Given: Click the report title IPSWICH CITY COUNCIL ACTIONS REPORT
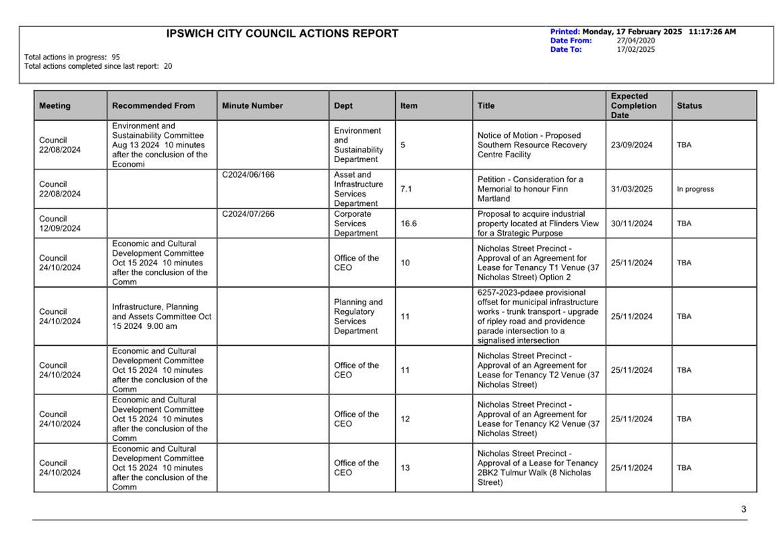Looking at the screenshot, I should pyautogui.click(x=282, y=34).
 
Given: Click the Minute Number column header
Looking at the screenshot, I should pyautogui.click(x=252, y=106).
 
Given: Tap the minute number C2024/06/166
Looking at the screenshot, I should pyautogui.click(x=248, y=175).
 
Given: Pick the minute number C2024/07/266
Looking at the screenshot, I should pyautogui.click(x=248, y=214).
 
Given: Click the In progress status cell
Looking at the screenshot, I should pyautogui.click(x=695, y=190).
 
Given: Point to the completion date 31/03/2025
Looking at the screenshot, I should pyautogui.click(x=631, y=190).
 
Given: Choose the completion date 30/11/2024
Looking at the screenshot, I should pyautogui.click(x=631, y=224).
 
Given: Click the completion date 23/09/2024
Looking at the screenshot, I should pyautogui.click(x=631, y=145).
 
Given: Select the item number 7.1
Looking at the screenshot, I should pyautogui.click(x=406, y=190).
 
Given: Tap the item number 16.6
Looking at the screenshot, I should pyautogui.click(x=408, y=224).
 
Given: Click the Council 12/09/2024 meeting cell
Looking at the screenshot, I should pyautogui.click(x=59, y=224).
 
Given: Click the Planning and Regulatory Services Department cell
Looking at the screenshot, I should pyautogui.click(x=358, y=317).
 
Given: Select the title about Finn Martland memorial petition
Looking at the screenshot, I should pyautogui.click(x=530, y=190).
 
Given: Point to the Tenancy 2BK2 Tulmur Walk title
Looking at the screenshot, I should pyautogui.click(x=537, y=468).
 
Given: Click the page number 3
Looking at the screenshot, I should pyautogui.click(x=743, y=510).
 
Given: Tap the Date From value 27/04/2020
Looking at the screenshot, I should pyautogui.click(x=635, y=41).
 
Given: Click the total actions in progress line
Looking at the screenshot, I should pyautogui.click(x=72, y=57).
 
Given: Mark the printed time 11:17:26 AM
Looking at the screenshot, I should pyautogui.click(x=712, y=32).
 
